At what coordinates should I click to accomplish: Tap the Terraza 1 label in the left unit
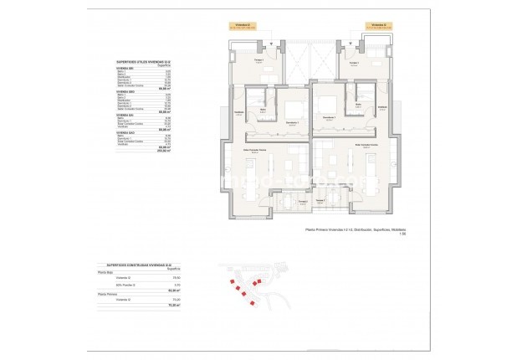coord(259,60)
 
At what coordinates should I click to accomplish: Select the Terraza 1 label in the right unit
coord(354,64)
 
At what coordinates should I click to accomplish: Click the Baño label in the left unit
coord(263,110)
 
